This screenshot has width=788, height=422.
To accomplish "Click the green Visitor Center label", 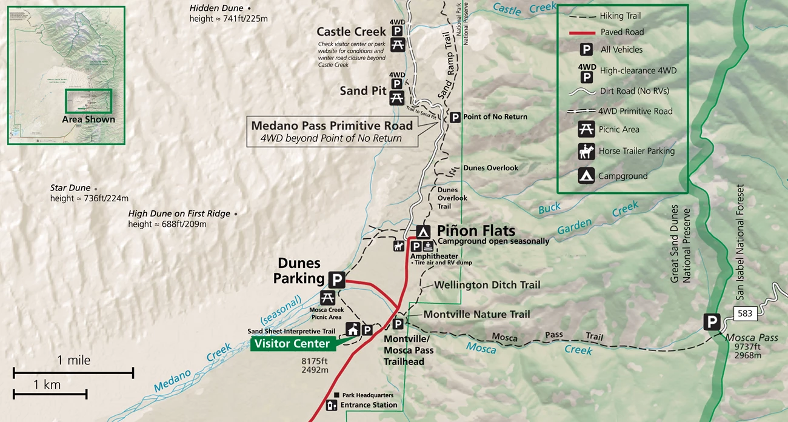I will [292, 344].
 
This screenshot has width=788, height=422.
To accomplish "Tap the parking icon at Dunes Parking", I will [337, 280].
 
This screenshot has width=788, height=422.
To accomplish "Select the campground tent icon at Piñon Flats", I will [423, 231].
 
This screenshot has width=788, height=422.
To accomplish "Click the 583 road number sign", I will [745, 313].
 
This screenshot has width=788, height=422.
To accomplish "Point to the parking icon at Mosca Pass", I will [712, 322].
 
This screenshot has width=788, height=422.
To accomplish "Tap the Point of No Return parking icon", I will [455, 117].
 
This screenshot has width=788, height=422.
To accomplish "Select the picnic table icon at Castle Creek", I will [398, 45].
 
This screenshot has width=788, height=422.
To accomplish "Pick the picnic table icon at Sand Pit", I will [397, 97].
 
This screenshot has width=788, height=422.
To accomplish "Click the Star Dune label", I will [70, 188].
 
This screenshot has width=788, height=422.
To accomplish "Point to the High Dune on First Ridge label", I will [179, 213].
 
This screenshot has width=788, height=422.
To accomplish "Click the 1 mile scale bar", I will [73, 371].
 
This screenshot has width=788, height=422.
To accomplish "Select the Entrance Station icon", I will [331, 405].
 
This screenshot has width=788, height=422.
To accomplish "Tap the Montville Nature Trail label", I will [476, 314].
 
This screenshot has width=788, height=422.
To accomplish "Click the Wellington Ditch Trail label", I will [487, 284].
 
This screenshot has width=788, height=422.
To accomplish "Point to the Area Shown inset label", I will [88, 119].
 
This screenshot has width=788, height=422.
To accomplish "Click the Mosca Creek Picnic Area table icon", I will [327, 298].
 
